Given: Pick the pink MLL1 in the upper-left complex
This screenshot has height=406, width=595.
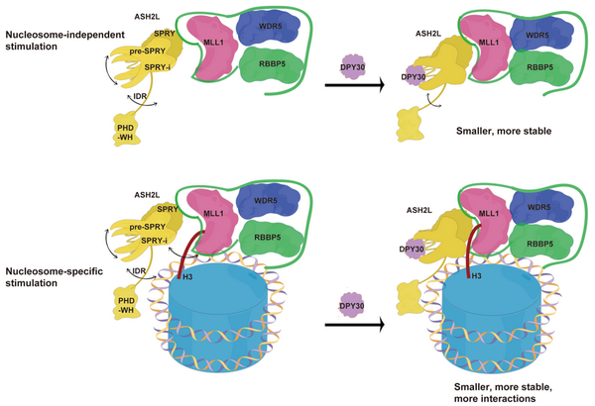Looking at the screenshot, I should [211, 46].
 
